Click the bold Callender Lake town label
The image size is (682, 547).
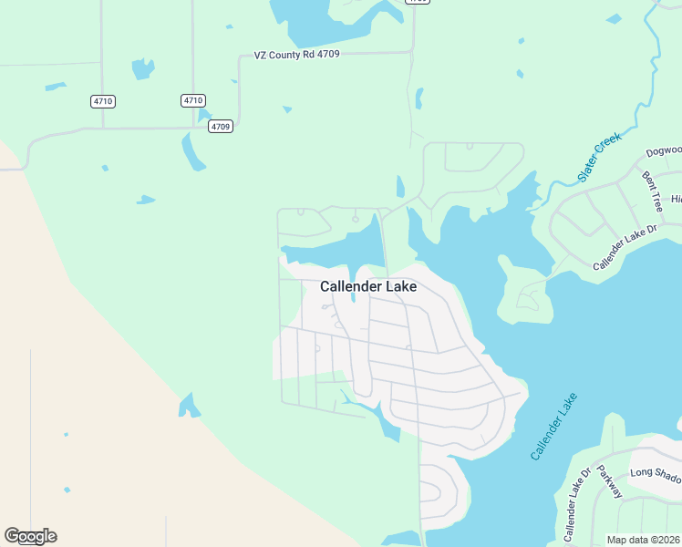pos(368,286)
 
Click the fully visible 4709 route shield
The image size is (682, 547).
pos(220,126)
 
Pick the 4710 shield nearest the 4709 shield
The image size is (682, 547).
pos(192,100)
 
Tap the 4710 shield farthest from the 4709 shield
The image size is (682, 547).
pos(102,100)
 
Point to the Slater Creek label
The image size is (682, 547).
pos(598,157)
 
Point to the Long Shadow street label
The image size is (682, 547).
pos(655,472)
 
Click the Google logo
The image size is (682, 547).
pos(30,536)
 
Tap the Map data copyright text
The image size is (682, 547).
pos(644,540)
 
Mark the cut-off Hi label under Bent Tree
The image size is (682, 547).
pos(676,199)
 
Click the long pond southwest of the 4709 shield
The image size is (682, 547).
pos(193,151)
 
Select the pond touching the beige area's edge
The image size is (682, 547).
pos(189,406)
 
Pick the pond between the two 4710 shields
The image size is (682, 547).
pos(143,68)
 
